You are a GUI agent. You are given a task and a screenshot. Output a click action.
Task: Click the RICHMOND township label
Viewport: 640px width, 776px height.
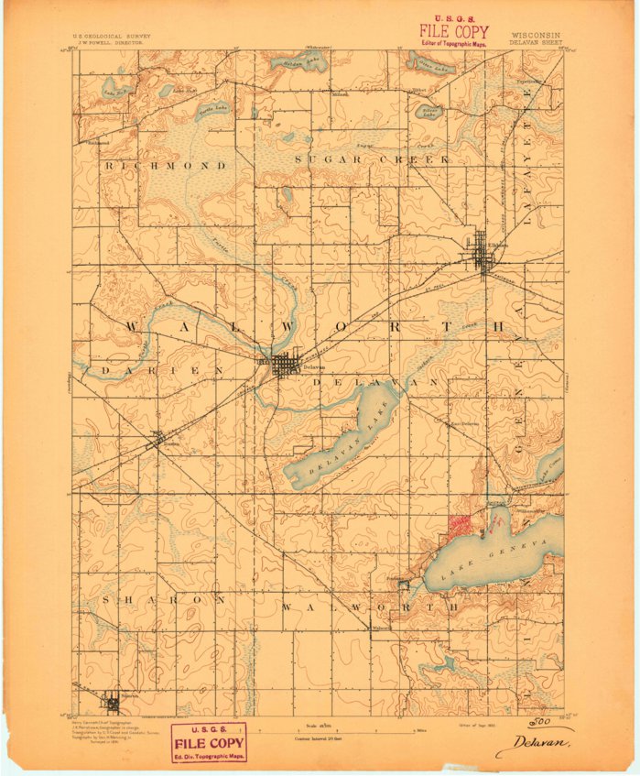[165, 166]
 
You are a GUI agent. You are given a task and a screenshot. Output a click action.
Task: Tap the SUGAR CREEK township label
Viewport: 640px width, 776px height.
[373, 159]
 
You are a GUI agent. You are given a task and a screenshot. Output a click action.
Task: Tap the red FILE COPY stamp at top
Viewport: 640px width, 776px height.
[454, 28]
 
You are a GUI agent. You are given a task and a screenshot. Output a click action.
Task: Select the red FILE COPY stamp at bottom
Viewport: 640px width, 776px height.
[208, 741]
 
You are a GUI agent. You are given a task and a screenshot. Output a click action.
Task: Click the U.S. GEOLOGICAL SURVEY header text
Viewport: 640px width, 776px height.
[113, 37]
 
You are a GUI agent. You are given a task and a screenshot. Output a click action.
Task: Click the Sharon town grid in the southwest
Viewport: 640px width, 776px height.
[113, 705]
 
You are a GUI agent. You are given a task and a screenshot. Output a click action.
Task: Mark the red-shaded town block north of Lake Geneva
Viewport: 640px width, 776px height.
[459, 523]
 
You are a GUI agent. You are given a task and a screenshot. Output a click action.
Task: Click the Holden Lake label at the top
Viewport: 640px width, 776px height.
[296, 65]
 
